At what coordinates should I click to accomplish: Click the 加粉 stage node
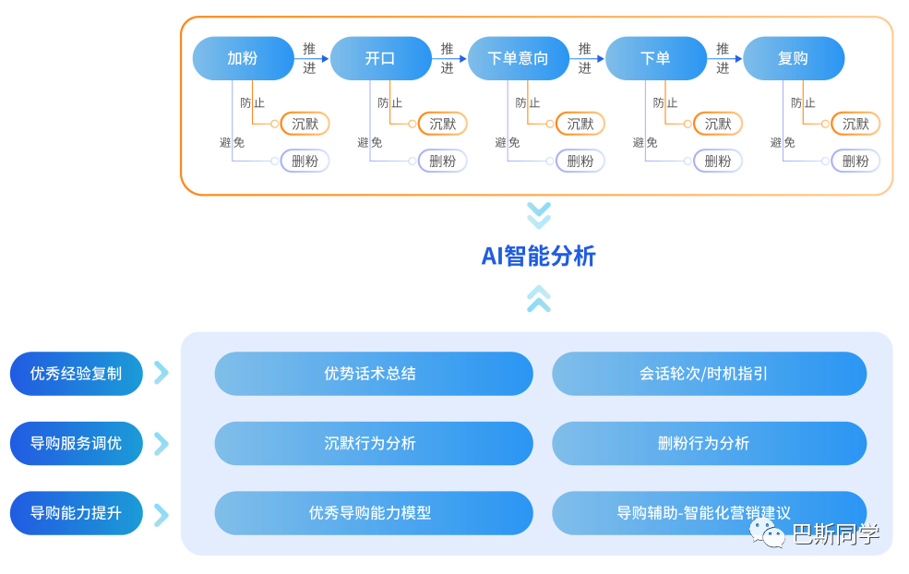tap(243, 58)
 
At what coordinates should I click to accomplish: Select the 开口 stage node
tap(380, 58)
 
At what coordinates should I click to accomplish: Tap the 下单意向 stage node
tap(518, 58)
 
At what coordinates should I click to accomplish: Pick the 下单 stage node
tap(655, 58)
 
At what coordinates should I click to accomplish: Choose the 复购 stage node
tap(793, 58)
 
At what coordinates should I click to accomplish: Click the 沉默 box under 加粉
tap(305, 124)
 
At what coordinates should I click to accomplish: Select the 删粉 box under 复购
tap(855, 161)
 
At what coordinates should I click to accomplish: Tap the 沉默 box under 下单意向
tap(580, 124)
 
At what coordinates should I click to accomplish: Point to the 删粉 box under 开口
tap(442, 161)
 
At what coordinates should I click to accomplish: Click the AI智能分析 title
tap(538, 256)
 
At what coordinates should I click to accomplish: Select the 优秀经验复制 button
tap(76, 374)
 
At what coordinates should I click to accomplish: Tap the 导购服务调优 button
tap(76, 443)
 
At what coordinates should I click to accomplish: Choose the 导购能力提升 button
tap(76, 513)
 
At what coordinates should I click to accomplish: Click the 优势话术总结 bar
tap(373, 374)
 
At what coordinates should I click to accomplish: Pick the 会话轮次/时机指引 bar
tap(709, 374)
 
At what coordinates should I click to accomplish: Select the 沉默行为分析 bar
tap(373, 443)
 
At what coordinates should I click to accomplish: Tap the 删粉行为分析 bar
tap(709, 443)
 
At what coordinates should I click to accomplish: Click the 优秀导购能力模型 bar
tap(373, 513)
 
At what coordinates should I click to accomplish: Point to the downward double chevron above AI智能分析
tap(538, 215)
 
